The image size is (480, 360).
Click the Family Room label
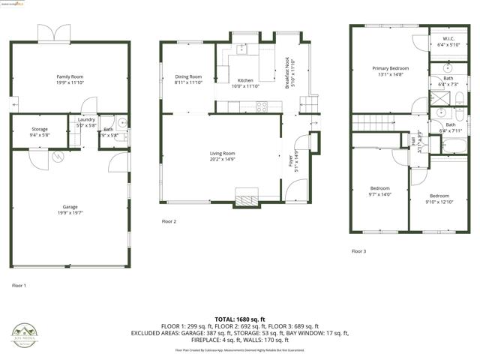(x=69, y=76)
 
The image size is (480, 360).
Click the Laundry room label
(x=86, y=119)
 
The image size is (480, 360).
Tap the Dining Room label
(x=188, y=76)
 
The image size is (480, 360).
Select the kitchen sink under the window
(x=241, y=49)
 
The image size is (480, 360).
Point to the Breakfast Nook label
(x=288, y=73)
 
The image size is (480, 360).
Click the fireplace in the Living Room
(x=245, y=196)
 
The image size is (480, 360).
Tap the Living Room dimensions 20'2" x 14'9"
(x=222, y=159)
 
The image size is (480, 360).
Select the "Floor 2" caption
(x=169, y=221)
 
